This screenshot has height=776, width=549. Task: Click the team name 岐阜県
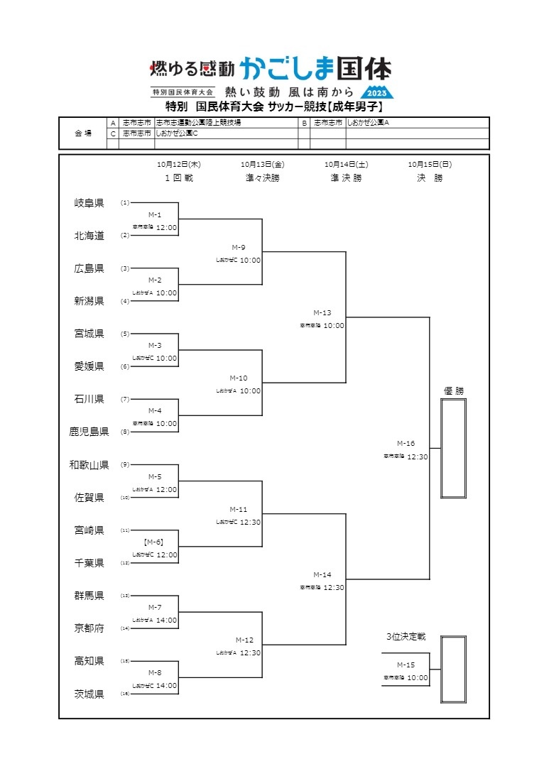(89, 203)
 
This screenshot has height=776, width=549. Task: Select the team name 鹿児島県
(89, 432)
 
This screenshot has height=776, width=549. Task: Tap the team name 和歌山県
(89, 465)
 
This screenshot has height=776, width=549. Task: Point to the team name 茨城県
(89, 694)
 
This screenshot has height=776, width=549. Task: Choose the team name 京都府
(89, 628)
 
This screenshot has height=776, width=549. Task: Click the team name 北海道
(89, 236)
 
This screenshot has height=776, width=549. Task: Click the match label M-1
(155, 214)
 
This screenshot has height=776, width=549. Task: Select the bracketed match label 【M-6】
(155, 542)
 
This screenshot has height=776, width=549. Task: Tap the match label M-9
(239, 247)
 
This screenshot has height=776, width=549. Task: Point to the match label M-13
(322, 312)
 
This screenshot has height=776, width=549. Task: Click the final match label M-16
(406, 444)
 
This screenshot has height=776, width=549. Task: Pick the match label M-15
(406, 665)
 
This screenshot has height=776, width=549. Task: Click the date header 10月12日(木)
(179, 164)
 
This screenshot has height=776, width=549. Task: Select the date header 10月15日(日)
(430, 164)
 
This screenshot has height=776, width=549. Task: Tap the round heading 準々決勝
(263, 178)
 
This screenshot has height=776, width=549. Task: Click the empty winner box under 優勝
(453, 448)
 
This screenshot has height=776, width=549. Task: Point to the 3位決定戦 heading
(406, 637)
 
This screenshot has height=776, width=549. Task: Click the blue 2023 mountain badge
(377, 93)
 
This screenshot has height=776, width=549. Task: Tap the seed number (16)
(125, 694)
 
